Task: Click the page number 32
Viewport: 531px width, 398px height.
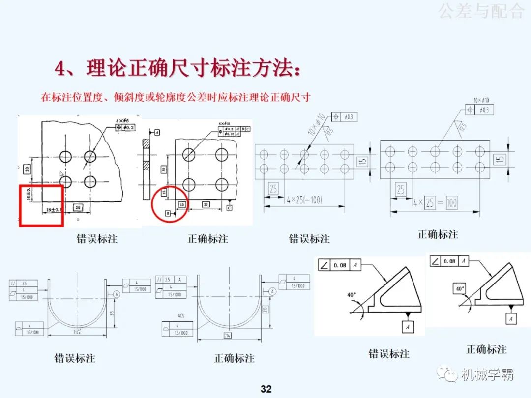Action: pyautogui.click(x=265, y=389)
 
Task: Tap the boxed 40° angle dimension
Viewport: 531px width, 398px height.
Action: pyautogui.click(x=460, y=288)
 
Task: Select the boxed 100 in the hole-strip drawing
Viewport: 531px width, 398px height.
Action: pyautogui.click(x=451, y=202)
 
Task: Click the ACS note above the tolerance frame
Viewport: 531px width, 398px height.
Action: pyautogui.click(x=181, y=316)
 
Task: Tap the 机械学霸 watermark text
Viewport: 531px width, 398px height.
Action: pyautogui.click(x=487, y=375)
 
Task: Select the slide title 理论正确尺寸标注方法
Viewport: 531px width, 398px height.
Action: pyautogui.click(x=177, y=69)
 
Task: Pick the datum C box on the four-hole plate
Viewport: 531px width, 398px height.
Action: pyautogui.click(x=230, y=208)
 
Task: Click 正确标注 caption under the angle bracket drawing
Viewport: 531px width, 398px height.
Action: pyautogui.click(x=486, y=350)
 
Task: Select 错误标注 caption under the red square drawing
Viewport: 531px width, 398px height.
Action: pyautogui.click(x=97, y=239)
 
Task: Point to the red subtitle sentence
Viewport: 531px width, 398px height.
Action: pyautogui.click(x=176, y=97)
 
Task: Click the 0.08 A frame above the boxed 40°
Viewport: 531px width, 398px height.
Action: pyautogui.click(x=448, y=261)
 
